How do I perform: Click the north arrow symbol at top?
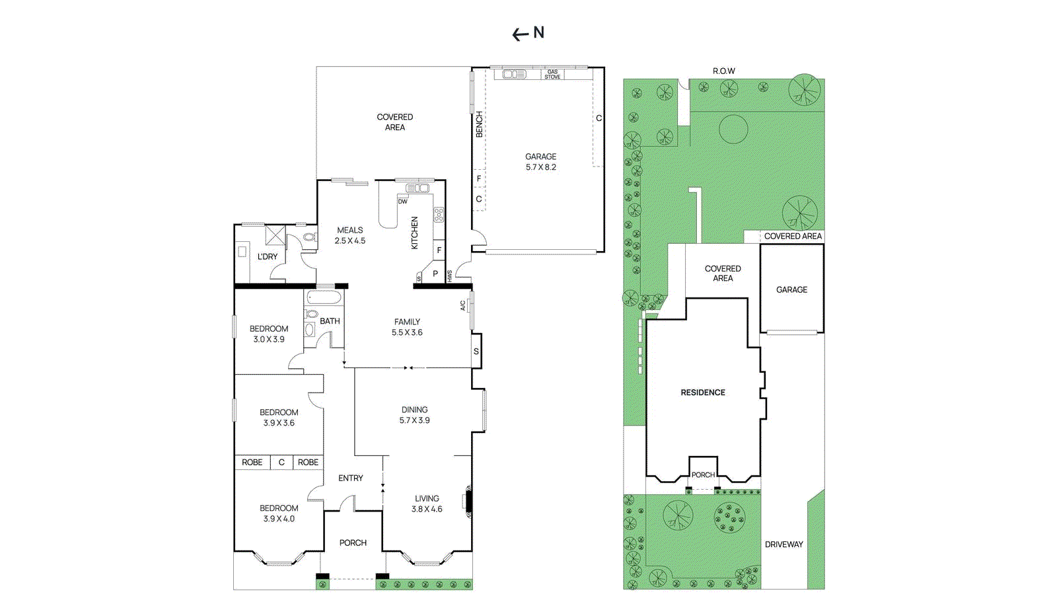click(528, 33)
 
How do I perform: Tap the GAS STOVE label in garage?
click(552, 74)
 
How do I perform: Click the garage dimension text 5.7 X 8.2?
click(540, 167)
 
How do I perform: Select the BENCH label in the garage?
click(480, 124)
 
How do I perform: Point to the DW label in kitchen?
click(402, 202)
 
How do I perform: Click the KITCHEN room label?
click(415, 233)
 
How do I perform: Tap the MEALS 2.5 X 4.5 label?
click(349, 235)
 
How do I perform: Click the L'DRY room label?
click(268, 256)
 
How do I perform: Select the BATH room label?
click(330, 321)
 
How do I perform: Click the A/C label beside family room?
click(463, 305)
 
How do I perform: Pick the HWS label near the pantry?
click(450, 276)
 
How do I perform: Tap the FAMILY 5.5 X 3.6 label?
click(407, 327)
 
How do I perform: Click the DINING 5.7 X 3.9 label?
click(414, 415)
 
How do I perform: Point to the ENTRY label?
click(351, 478)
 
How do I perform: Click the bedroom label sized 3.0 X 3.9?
click(269, 334)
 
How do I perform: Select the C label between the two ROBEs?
click(281, 462)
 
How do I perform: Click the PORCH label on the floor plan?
click(353, 543)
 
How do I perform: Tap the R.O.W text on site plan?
click(723, 71)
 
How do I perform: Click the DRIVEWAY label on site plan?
click(784, 545)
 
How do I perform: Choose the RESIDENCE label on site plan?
click(703, 393)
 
